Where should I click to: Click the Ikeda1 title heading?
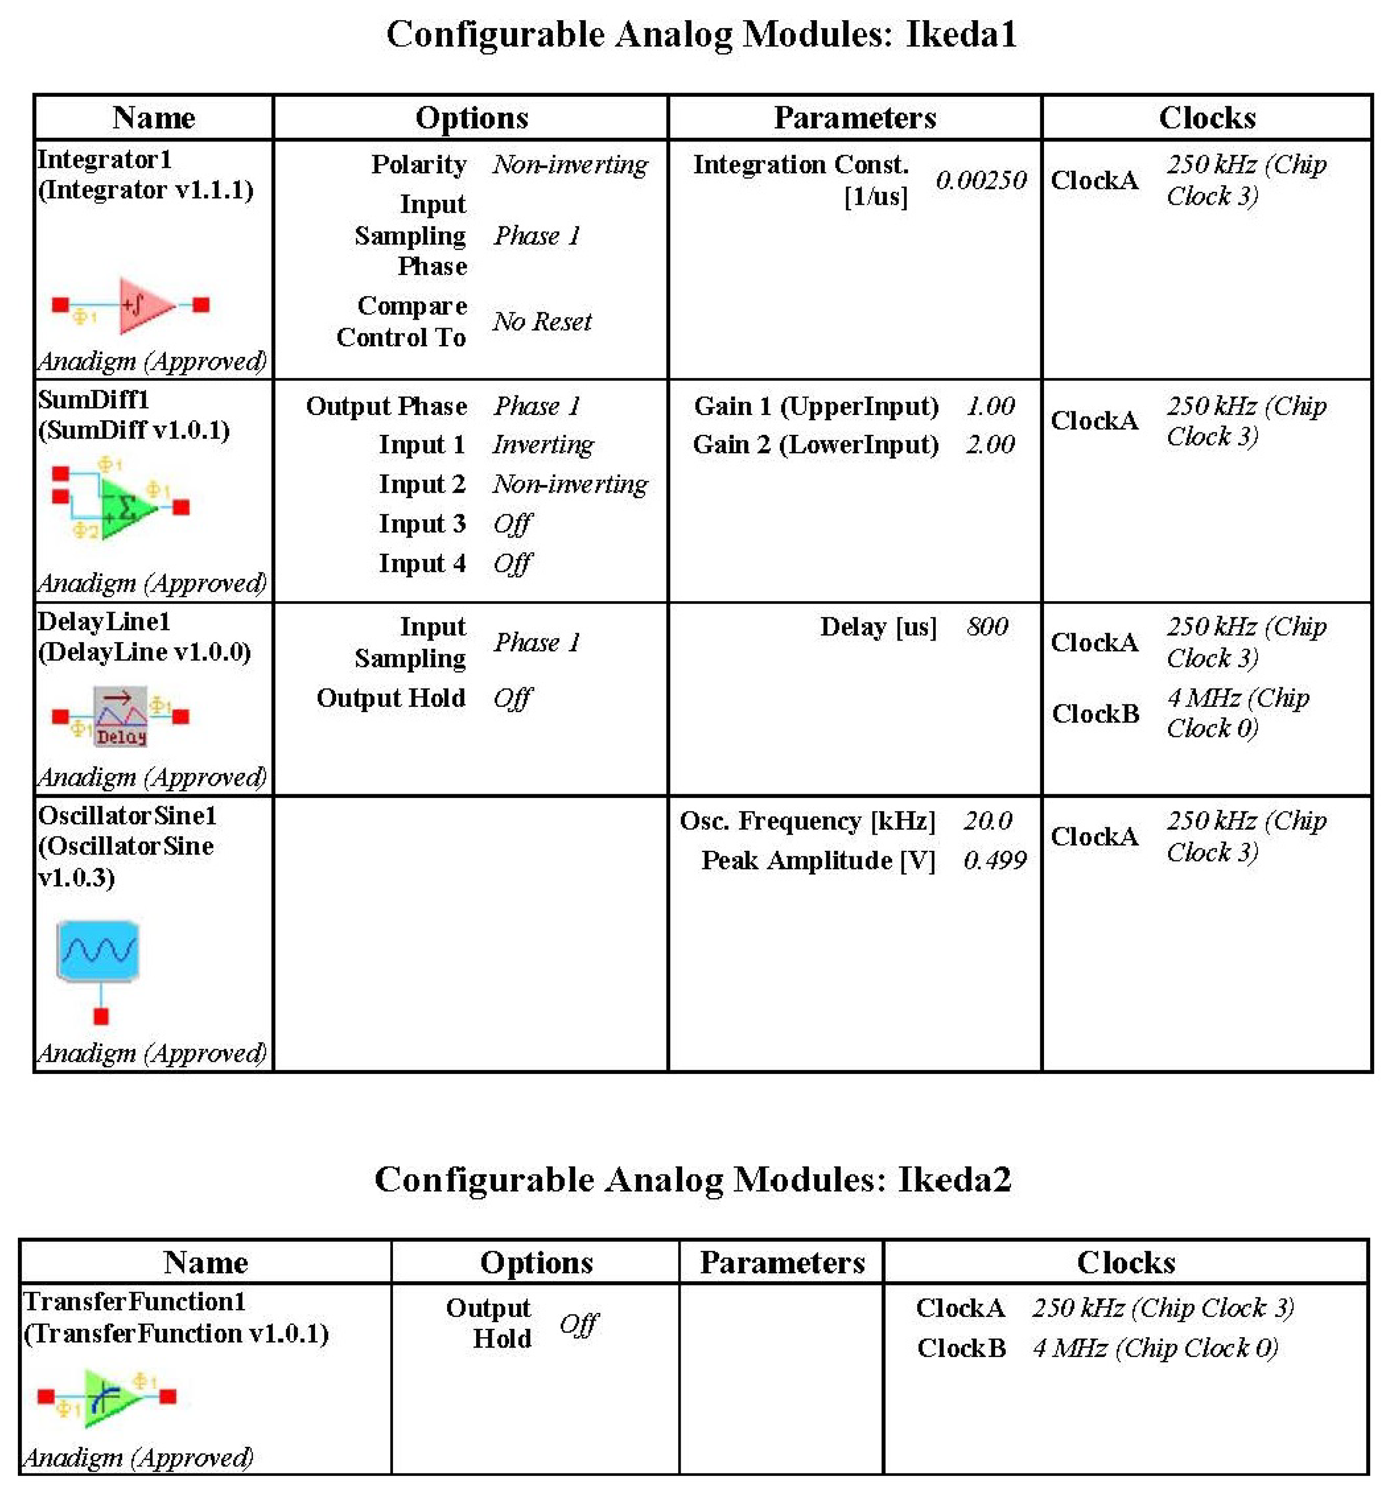[x=701, y=34]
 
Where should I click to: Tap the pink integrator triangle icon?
[x=144, y=305]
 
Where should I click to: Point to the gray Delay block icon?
[x=121, y=716]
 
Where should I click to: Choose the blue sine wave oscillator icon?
[x=98, y=950]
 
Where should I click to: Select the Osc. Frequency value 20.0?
[x=987, y=821]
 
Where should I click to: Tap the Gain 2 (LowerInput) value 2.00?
[x=989, y=445]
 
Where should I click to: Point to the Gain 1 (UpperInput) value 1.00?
[x=989, y=406]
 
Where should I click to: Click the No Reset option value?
[x=542, y=322]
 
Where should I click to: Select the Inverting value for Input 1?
[x=543, y=445]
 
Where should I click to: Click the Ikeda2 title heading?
[x=693, y=1180]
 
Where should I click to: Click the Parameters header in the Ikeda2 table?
[x=782, y=1263]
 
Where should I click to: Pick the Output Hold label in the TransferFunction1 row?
[x=488, y=1324]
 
